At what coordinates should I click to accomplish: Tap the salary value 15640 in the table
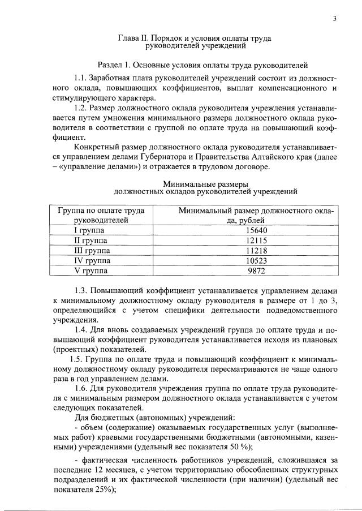[257, 230]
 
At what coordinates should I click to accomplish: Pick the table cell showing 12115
[257, 241]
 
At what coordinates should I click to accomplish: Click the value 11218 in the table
[257, 250]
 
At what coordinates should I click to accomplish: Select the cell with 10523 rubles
[257, 260]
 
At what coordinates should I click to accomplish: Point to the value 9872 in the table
[257, 270]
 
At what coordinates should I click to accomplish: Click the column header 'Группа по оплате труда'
[101, 211]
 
